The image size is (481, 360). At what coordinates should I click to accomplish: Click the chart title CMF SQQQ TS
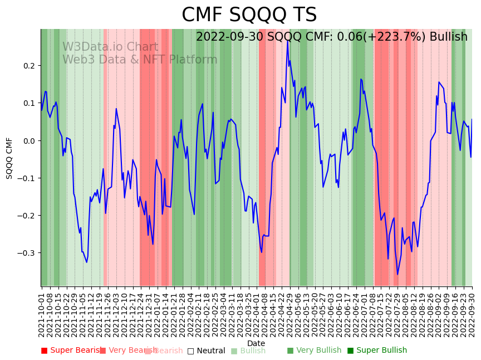click(x=249, y=15)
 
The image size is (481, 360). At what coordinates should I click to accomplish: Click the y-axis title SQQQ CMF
click(x=9, y=158)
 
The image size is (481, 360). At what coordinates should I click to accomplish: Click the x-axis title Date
click(x=256, y=343)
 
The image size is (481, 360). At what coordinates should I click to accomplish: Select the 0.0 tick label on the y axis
click(x=28, y=140)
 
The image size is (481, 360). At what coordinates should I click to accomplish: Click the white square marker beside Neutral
click(x=190, y=351)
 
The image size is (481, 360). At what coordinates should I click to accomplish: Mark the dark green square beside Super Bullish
click(x=350, y=351)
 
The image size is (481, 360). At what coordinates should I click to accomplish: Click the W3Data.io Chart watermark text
click(x=110, y=47)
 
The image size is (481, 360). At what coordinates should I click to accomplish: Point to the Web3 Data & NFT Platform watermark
click(x=140, y=60)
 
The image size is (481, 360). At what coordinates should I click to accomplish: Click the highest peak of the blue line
click(x=287, y=41)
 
